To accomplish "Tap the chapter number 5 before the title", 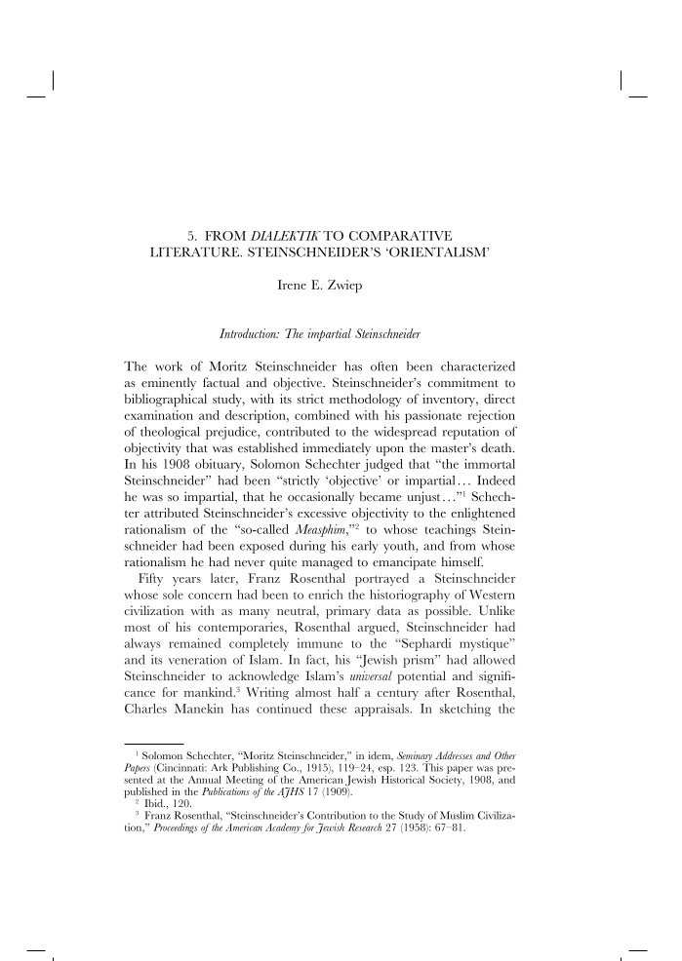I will point(190,235).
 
